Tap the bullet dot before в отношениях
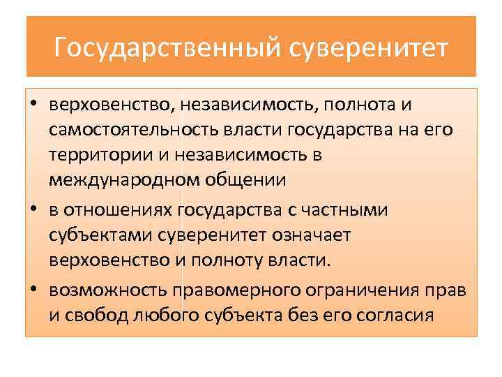33,209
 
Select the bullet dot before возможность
33,288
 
